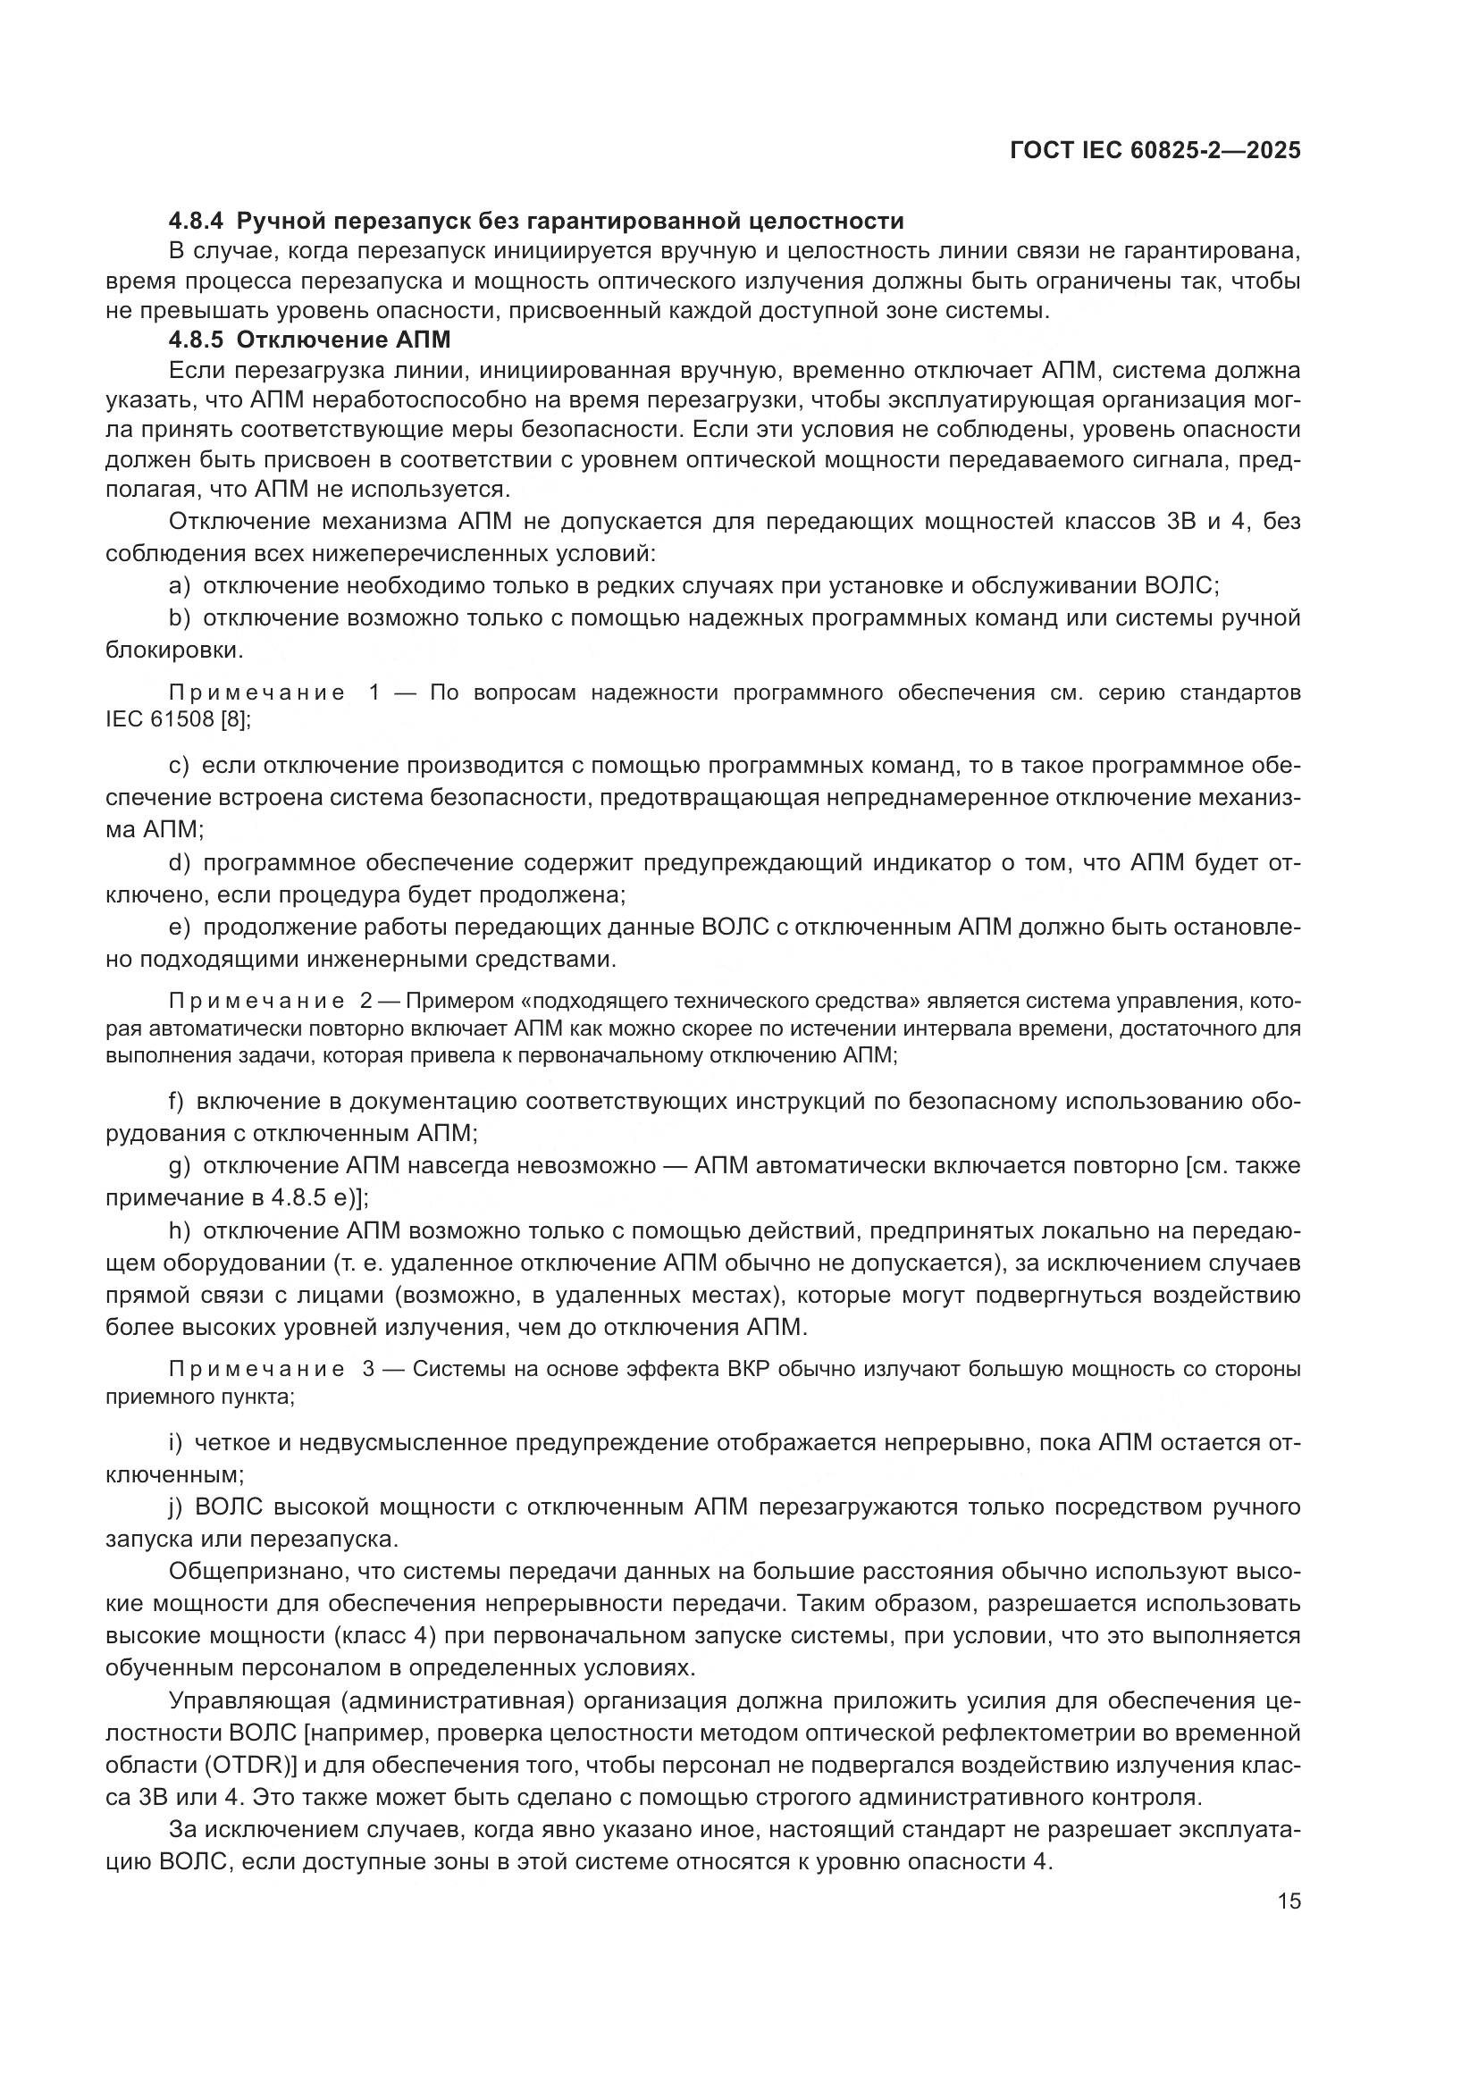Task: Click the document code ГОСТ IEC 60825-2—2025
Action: (1155, 151)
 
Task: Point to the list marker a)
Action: (180, 585)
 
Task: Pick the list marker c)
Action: (179, 766)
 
